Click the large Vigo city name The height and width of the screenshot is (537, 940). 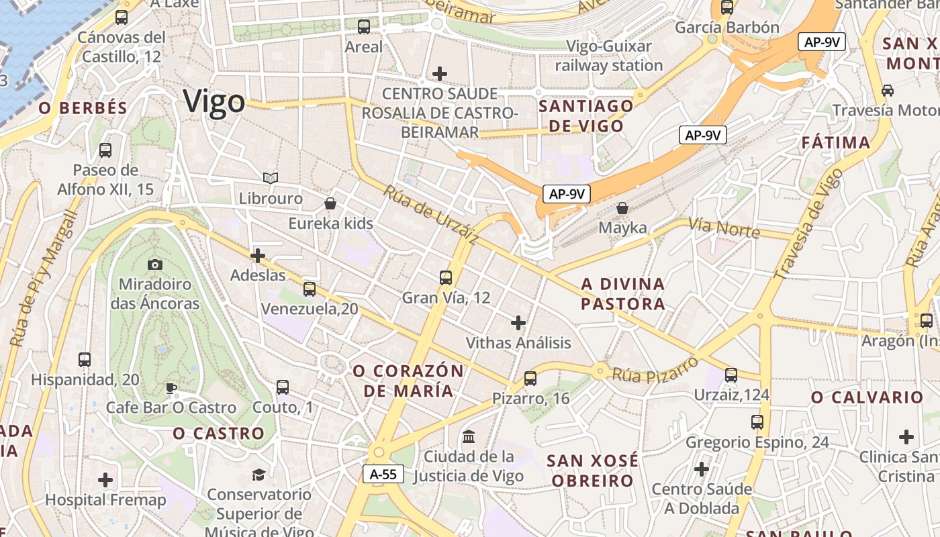point(215,102)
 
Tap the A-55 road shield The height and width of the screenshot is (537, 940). point(383,474)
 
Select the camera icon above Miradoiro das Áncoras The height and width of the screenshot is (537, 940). point(155,264)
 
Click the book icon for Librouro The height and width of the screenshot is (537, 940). point(271,178)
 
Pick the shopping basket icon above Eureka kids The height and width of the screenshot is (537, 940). point(330,203)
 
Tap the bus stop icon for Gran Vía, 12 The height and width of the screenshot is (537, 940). point(445,277)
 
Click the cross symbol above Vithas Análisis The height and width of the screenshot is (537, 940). point(518,323)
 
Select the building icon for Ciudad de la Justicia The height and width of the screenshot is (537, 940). point(469,437)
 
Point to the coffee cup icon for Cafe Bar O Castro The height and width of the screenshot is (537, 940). point(171,388)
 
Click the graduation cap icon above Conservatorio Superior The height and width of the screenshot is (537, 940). point(258,475)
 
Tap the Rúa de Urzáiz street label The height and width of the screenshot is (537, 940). point(431,215)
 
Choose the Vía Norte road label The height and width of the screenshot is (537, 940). point(724,228)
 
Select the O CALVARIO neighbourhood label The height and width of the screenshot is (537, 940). point(867,397)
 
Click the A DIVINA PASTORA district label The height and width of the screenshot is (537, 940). point(623,294)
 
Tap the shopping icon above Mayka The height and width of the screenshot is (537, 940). point(622,208)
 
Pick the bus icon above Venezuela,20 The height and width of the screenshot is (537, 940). point(310,289)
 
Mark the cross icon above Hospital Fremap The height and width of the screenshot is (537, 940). point(105,480)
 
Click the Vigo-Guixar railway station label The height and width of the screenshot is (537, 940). point(609,56)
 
